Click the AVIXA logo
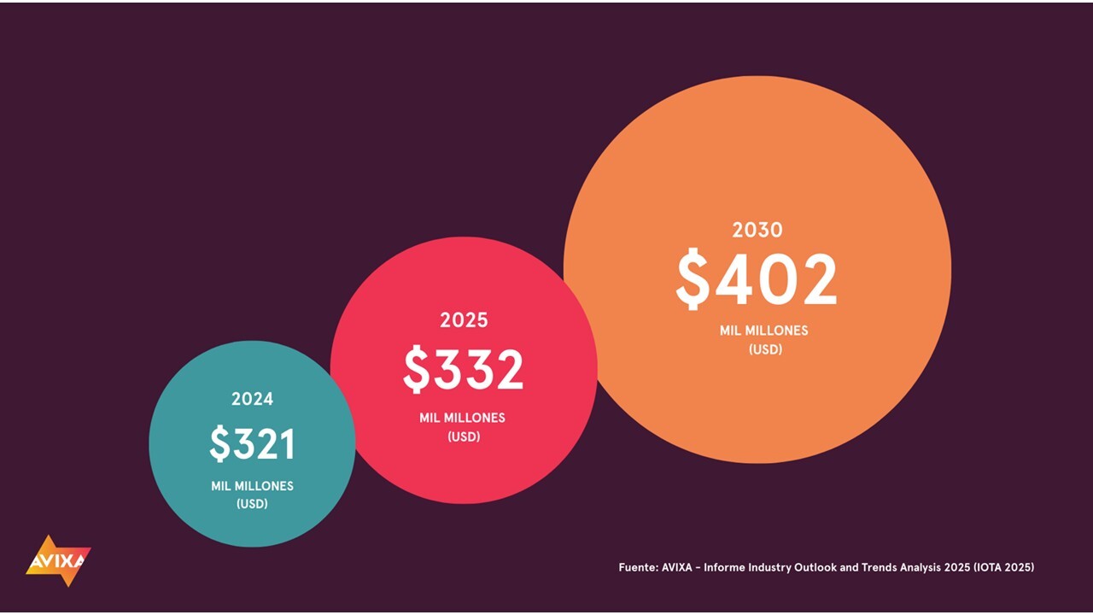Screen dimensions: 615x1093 pyautogui.click(x=57, y=561)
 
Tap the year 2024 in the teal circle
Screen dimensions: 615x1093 pyautogui.click(x=252, y=399)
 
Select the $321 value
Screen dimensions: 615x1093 pyautogui.click(x=253, y=444)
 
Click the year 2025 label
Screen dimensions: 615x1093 pyautogui.click(x=464, y=320)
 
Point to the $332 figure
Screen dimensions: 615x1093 pyautogui.click(x=464, y=370)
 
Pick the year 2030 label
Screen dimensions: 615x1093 pyautogui.click(x=757, y=230)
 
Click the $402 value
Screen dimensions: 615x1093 pyautogui.click(x=757, y=280)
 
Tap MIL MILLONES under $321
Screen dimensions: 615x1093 pyautogui.click(x=252, y=486)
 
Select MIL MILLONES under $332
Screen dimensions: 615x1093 pyautogui.click(x=462, y=418)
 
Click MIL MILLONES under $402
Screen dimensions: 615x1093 pyautogui.click(x=763, y=331)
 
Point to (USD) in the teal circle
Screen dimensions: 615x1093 pyautogui.click(x=252, y=504)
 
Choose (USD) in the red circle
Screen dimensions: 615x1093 pyautogui.click(x=464, y=436)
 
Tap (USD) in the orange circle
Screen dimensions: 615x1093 pyautogui.click(x=765, y=349)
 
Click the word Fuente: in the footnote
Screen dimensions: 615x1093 pyautogui.click(x=637, y=567)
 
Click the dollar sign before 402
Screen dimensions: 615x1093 pyautogui.click(x=693, y=280)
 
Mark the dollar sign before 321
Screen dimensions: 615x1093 pyautogui.click(x=219, y=444)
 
